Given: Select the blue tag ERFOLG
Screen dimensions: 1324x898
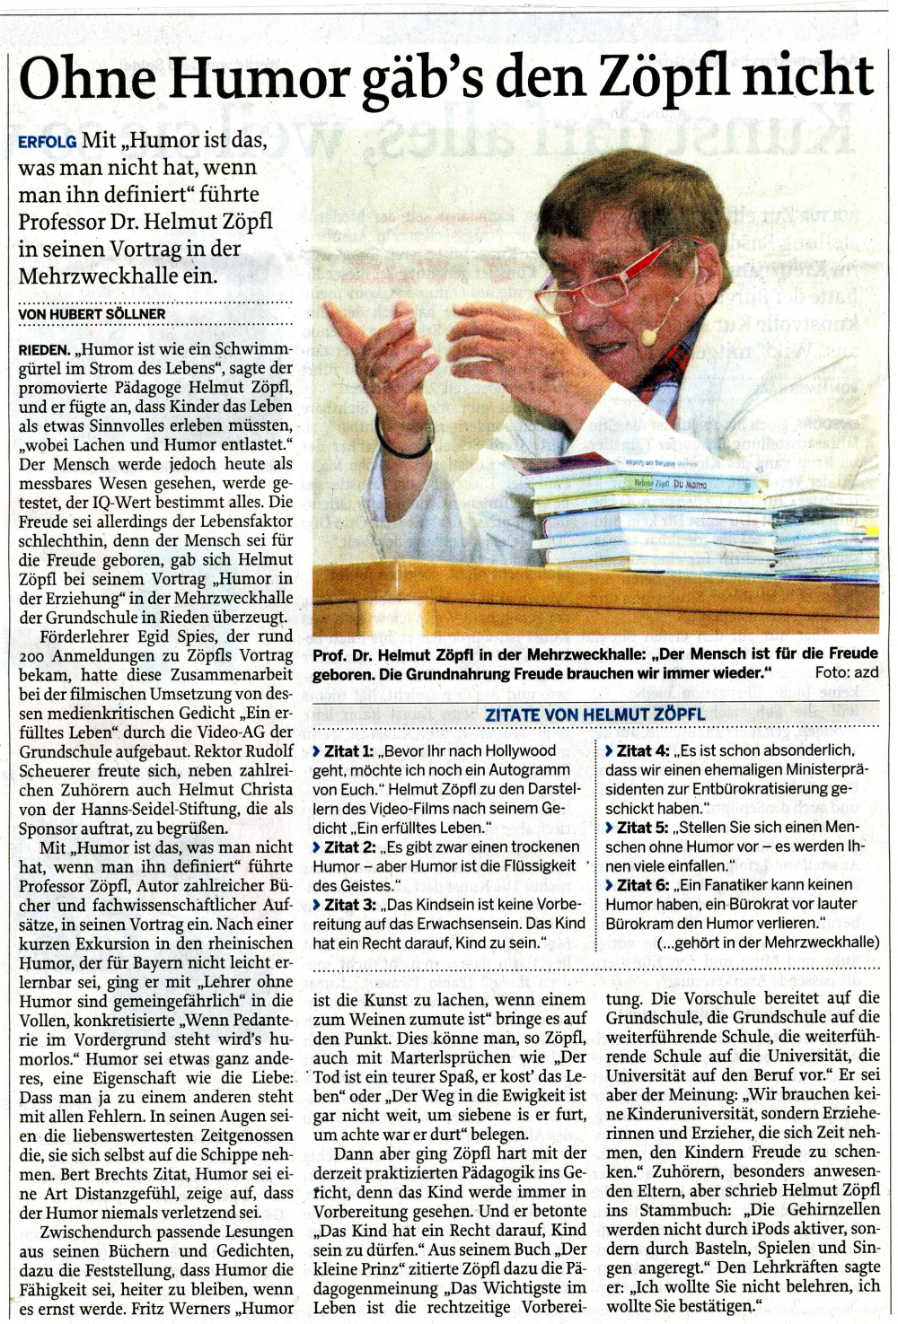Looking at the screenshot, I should tap(47, 142).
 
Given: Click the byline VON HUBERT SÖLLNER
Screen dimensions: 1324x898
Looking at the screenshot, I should tap(92, 313).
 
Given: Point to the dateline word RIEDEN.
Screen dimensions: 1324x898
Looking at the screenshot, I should tap(44, 349).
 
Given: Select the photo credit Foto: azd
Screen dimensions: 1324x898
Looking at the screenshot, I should tap(846, 672).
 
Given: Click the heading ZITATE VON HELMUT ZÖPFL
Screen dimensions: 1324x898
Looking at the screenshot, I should tap(595, 715).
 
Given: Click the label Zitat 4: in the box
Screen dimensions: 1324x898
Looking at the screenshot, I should tap(642, 750).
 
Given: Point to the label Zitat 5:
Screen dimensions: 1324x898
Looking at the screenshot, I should tap(642, 827).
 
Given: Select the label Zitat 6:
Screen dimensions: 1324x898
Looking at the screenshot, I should tap(642, 884).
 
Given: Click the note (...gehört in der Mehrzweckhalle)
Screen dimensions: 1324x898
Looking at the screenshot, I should tap(768, 942).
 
